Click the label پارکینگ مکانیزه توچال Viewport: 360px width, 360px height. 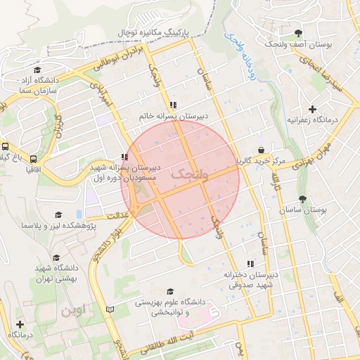point(153,32)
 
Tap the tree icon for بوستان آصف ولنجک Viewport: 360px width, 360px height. point(299,33)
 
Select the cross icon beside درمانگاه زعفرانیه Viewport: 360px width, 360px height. point(312,109)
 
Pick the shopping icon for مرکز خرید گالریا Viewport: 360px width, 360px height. point(262,150)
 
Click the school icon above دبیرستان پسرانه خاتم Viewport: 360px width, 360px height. point(173,105)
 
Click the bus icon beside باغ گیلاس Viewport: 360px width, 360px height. point(6,147)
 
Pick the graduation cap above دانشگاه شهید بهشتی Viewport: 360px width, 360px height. point(56,257)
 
